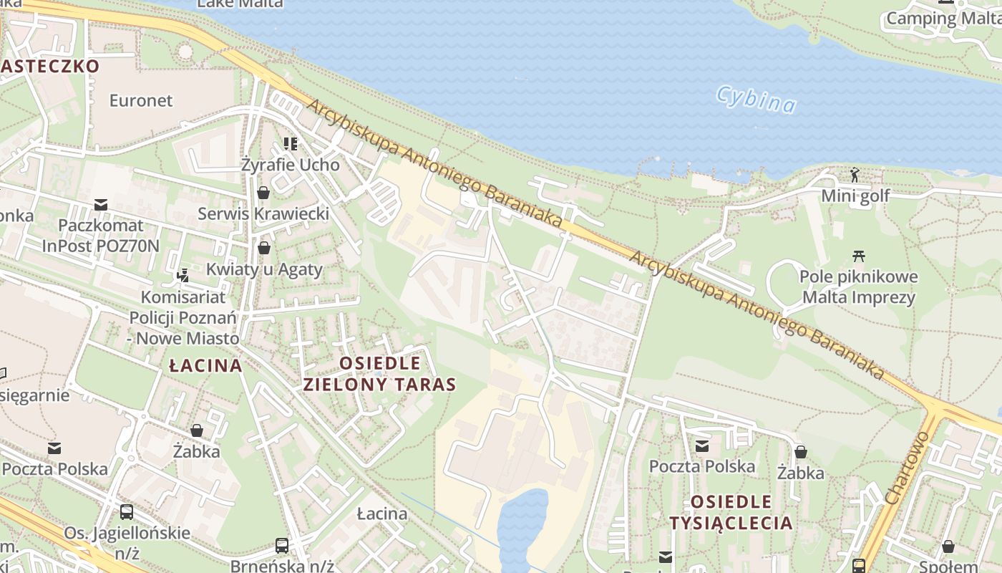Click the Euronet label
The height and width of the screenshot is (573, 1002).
pyautogui.click(x=141, y=100)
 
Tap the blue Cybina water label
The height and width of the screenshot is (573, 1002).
pyautogui.click(x=756, y=100)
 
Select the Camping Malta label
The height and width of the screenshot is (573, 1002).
pyautogui.click(x=943, y=19)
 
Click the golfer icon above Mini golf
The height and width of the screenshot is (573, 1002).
pyautogui.click(x=855, y=174)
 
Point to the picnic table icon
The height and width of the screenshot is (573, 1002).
pyautogui.click(x=859, y=256)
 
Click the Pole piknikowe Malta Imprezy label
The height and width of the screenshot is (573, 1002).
pyautogui.click(x=858, y=287)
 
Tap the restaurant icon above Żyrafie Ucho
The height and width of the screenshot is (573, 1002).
pyautogui.click(x=290, y=144)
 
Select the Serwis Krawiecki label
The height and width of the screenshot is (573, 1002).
pyautogui.click(x=263, y=213)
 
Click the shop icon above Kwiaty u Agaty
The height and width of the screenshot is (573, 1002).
pyautogui.click(x=264, y=248)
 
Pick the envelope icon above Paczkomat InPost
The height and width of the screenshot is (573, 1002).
pyautogui.click(x=101, y=206)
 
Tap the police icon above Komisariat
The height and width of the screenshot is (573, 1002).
pyautogui.click(x=183, y=274)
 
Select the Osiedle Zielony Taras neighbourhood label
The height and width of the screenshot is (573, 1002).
pyautogui.click(x=379, y=373)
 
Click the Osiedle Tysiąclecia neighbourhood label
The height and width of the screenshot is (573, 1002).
pyautogui.click(x=731, y=511)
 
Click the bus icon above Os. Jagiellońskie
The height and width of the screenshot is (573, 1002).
pyautogui.click(x=127, y=511)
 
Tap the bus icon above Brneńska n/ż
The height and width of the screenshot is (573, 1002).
pyautogui.click(x=282, y=546)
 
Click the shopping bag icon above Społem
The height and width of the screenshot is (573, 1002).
pyautogui.click(x=948, y=547)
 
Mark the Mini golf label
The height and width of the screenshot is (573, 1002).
pyautogui.click(x=855, y=196)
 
